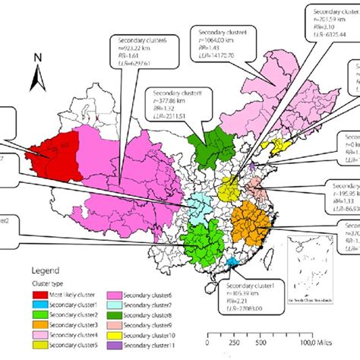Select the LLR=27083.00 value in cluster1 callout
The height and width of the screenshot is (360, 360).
[243, 288]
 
